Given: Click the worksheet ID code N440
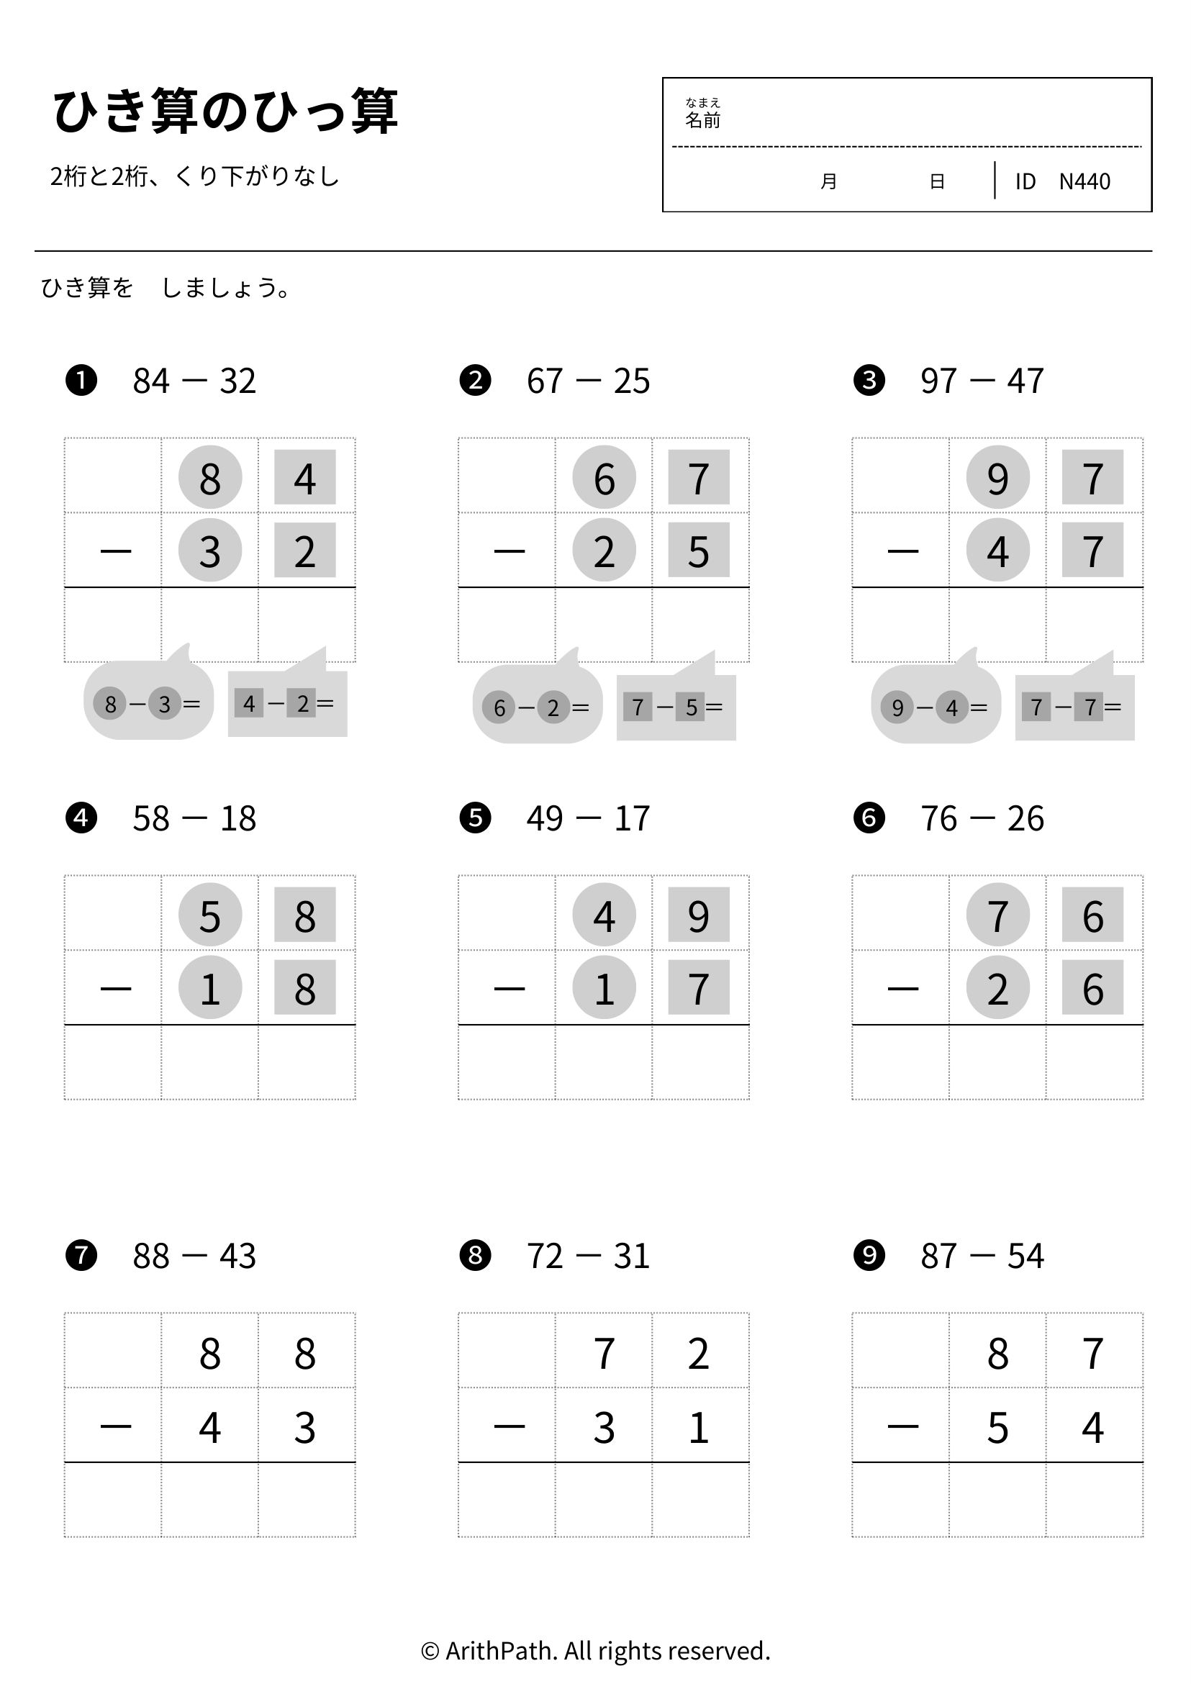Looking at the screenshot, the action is [1084, 181].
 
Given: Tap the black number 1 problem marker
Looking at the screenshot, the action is [81, 380].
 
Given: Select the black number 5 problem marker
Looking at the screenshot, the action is [475, 817].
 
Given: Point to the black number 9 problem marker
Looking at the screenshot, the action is [869, 1255].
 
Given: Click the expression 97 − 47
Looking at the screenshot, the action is [982, 381].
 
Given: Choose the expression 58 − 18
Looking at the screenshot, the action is [194, 818].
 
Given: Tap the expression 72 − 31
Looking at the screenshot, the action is [588, 1256].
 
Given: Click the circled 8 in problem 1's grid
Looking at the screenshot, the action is [210, 476].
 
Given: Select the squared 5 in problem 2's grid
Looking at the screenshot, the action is [699, 550].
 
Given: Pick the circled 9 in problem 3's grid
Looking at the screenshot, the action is [998, 476].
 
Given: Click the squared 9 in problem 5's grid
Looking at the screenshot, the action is [699, 915].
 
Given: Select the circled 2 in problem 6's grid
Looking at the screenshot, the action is [998, 987].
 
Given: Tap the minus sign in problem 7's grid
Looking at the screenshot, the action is [116, 1426].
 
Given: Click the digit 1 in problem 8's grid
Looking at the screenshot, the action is [699, 1427].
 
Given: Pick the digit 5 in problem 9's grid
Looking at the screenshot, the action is [998, 1427].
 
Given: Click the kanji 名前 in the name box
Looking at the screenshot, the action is [702, 120].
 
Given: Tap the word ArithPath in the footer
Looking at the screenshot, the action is [499, 1651].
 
